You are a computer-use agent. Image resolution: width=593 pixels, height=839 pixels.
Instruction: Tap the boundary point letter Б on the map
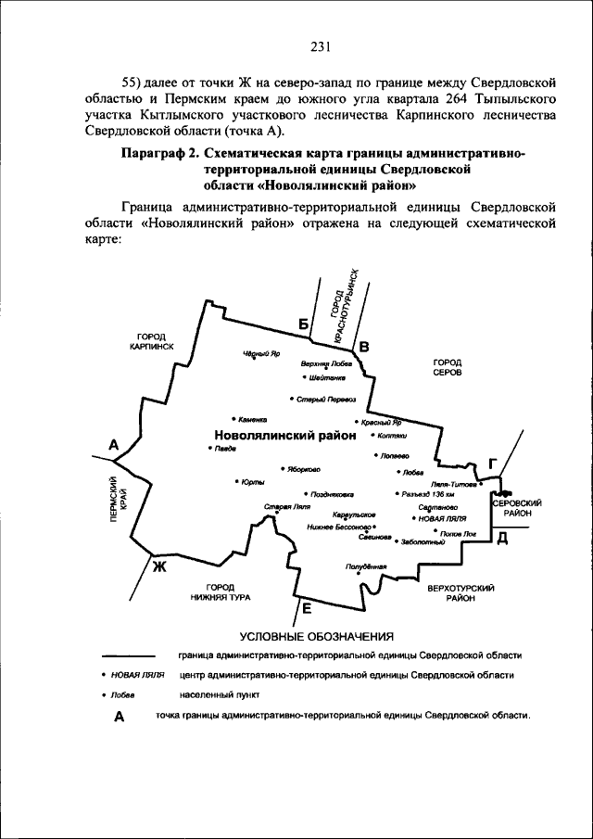(302, 323)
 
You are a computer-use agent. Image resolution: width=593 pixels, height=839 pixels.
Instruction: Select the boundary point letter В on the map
(364, 347)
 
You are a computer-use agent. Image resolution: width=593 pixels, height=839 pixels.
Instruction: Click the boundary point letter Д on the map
(501, 539)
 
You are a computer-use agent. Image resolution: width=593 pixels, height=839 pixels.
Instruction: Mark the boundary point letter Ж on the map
(158, 566)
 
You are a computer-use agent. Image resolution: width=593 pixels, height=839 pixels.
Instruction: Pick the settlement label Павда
(225, 449)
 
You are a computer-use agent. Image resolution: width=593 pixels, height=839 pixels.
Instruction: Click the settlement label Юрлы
(253, 481)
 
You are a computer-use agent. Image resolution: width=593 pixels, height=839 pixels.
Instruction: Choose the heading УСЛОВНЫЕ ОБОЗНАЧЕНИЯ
(317, 637)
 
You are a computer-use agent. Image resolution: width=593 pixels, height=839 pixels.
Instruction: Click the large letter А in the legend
(118, 718)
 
